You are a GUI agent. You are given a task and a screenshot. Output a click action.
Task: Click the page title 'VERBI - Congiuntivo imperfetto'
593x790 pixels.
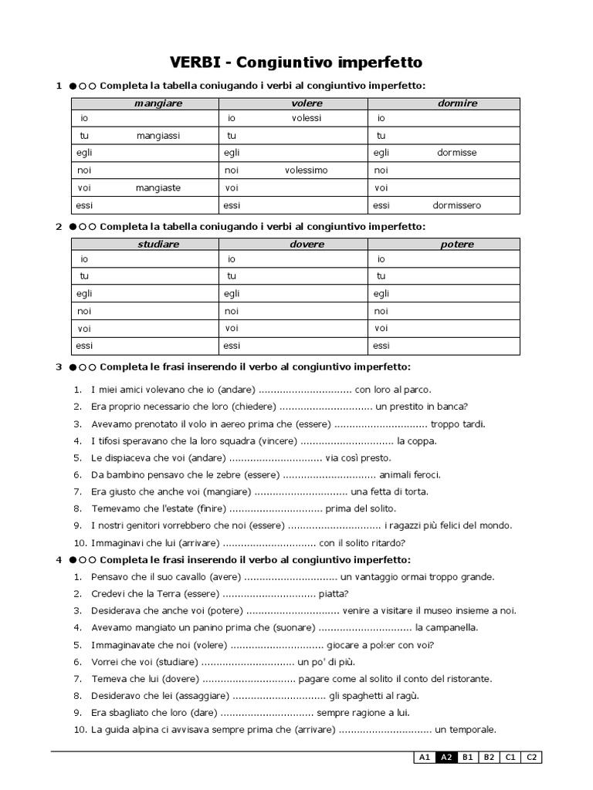coord(296,61)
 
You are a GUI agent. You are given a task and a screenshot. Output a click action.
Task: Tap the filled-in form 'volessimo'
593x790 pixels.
coord(306,170)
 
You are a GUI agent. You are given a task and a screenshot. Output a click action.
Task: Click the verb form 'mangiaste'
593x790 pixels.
coord(158,187)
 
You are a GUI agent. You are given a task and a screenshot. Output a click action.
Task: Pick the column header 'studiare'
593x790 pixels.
coord(158,244)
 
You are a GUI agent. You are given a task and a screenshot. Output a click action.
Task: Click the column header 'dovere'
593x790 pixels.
coord(307,244)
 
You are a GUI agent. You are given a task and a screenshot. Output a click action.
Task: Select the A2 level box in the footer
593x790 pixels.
coord(446,758)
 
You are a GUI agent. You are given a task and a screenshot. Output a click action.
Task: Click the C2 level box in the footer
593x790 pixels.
coord(532,758)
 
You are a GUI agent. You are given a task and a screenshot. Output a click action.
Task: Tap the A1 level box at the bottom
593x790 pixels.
coord(424,758)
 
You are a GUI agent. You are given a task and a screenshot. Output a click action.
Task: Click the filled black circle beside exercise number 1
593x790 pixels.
coord(72,86)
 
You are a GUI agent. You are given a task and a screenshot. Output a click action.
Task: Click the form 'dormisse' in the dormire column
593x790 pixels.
coord(456,152)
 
